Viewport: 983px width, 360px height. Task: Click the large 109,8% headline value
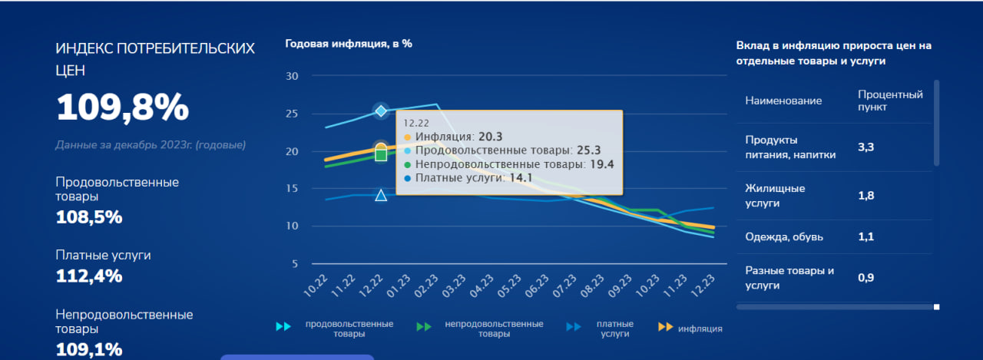(122, 107)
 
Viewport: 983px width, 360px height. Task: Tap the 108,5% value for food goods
(89, 217)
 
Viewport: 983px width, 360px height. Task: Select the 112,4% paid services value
(89, 276)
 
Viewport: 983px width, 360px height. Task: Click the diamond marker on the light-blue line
(381, 111)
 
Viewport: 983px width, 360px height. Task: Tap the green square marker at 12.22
(381, 155)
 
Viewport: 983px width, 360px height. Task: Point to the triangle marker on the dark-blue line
(381, 195)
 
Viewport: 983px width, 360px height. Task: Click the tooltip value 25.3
(587, 150)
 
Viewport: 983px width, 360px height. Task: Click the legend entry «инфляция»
(700, 329)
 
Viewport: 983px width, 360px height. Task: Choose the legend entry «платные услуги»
(614, 329)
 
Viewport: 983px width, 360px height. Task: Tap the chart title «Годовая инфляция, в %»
(349, 44)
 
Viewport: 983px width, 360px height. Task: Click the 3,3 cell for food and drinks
(866, 147)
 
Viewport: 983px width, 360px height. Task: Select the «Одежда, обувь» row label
(784, 237)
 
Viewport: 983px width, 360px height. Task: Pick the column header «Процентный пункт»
(889, 101)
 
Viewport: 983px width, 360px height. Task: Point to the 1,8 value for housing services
(866, 196)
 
